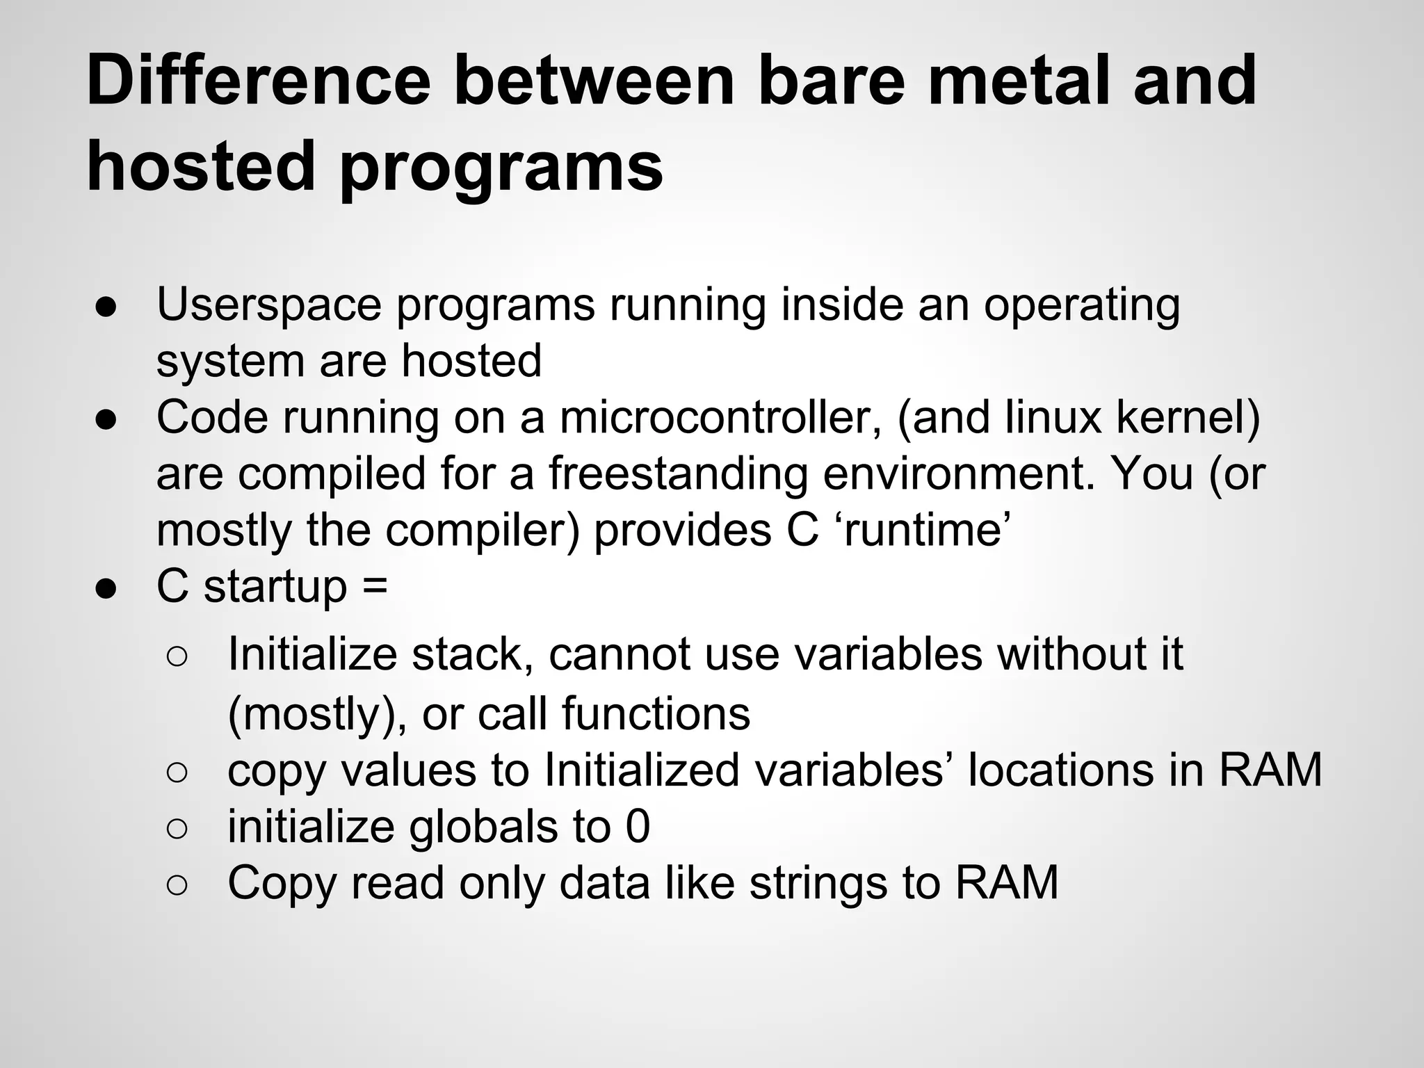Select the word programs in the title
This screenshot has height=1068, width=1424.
(501, 167)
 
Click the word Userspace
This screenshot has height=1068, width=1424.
(269, 305)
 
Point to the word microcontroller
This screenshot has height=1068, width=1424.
(720, 418)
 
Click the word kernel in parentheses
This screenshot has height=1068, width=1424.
(1179, 418)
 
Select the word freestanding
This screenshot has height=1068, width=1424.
(678, 474)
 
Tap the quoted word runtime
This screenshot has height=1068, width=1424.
(924, 531)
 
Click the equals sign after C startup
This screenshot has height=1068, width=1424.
(375, 586)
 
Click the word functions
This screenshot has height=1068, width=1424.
(656, 714)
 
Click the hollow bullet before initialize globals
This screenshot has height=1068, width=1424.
(177, 828)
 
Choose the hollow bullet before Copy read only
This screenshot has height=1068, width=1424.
(177, 884)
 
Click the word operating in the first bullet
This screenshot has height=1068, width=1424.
(1081, 305)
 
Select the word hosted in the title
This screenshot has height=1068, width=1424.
(201, 167)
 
